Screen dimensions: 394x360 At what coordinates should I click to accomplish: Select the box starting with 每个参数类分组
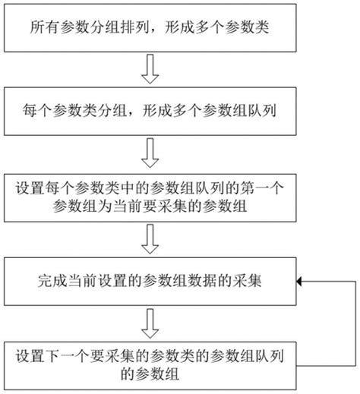(152, 110)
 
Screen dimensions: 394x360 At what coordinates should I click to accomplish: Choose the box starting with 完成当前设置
(152, 281)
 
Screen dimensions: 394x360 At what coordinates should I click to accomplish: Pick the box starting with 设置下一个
(152, 363)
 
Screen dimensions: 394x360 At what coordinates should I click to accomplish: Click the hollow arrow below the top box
(151, 73)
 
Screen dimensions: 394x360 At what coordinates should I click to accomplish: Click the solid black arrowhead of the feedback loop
(301, 282)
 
